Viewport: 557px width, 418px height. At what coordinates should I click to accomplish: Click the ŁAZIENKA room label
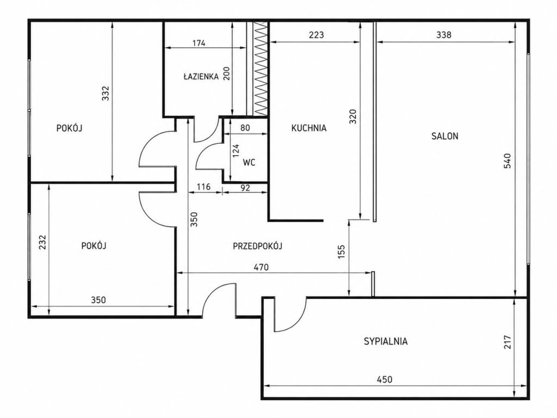pyautogui.click(x=201, y=76)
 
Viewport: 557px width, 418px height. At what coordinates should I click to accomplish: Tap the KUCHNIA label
pyautogui.click(x=309, y=128)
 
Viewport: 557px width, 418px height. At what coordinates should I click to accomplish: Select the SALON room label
pyautogui.click(x=445, y=136)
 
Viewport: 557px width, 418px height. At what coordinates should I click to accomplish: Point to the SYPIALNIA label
pyautogui.click(x=386, y=342)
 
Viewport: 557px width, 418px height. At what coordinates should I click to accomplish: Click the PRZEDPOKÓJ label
pyautogui.click(x=257, y=246)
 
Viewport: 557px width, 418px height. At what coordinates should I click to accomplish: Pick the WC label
pyautogui.click(x=249, y=163)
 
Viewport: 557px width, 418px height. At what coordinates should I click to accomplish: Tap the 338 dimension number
pyautogui.click(x=444, y=35)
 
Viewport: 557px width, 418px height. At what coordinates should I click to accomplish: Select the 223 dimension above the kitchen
pyautogui.click(x=316, y=35)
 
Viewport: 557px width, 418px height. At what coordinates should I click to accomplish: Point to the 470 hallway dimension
pyautogui.click(x=262, y=267)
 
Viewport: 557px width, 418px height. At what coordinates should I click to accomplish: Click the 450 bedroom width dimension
pyautogui.click(x=385, y=379)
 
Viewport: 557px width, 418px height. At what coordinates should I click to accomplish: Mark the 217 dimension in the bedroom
pyautogui.click(x=508, y=342)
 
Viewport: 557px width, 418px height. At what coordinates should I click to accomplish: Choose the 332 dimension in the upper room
pyautogui.click(x=106, y=93)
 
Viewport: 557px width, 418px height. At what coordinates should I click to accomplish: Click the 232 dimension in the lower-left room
pyautogui.click(x=42, y=242)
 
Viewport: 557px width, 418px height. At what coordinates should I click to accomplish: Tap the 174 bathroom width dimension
pyautogui.click(x=199, y=44)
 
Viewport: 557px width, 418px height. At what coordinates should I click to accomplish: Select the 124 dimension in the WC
pyautogui.click(x=236, y=151)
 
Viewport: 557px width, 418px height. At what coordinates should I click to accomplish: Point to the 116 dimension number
pyautogui.click(x=203, y=187)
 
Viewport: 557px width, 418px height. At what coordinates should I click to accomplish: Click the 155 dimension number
pyautogui.click(x=342, y=252)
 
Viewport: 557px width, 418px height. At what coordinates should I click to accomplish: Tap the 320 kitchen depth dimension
pyautogui.click(x=352, y=116)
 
